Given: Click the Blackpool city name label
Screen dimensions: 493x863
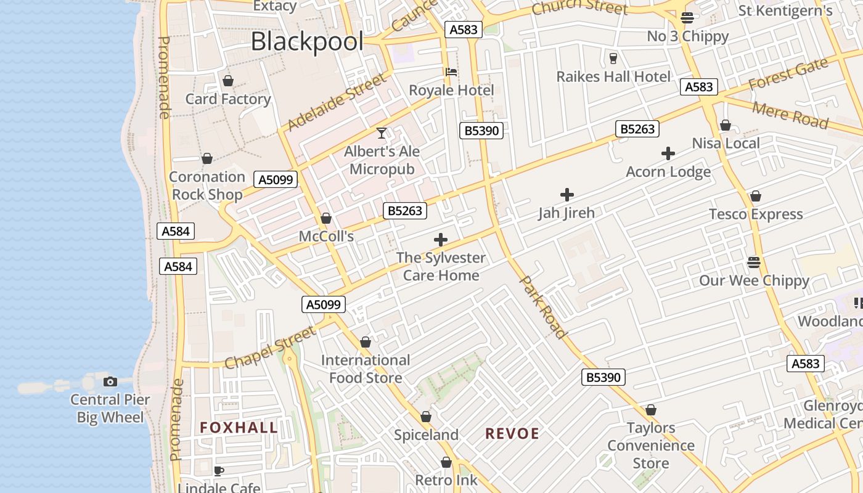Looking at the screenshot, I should point(307,42).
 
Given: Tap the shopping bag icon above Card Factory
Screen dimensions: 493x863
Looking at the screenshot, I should point(228,81).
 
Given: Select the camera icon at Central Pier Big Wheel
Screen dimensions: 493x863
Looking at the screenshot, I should point(110,381).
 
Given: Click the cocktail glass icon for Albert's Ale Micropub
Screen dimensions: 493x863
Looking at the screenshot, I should point(382,133).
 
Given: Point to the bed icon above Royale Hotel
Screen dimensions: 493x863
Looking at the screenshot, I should point(451,72).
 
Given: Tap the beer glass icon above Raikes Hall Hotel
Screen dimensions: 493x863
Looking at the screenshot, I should point(613,59).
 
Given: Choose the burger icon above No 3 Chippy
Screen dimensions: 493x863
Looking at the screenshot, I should point(687,18).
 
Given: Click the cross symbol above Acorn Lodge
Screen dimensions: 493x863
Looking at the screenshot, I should point(668,153).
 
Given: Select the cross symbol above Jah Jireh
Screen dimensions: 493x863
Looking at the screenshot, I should point(566,195).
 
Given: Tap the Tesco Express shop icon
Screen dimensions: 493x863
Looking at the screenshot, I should point(756,197).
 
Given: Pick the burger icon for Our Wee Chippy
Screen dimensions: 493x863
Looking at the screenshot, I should point(753,263).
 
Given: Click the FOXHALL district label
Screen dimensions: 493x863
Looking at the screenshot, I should point(239,428).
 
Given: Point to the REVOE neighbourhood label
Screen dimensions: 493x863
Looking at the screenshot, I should point(512,434).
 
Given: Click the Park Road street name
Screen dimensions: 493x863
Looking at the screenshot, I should point(544,307).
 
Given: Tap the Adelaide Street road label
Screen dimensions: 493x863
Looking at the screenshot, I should point(337,102).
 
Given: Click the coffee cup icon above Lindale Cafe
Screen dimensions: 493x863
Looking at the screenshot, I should point(218,471).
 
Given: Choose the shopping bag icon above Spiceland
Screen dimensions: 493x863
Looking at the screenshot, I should point(425,417).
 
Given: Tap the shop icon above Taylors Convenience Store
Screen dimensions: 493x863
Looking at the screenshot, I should point(651,410).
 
